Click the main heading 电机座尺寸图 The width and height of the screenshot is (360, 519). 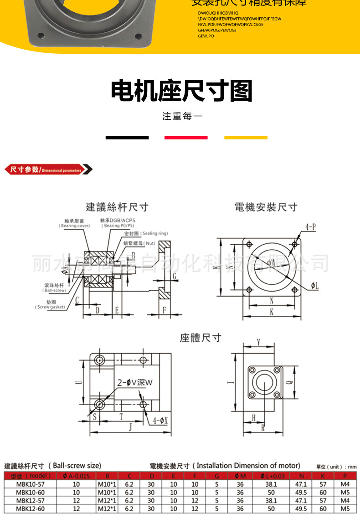pos(181,91)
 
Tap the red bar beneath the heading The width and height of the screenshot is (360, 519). pos(186,137)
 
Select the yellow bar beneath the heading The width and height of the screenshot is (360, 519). pos(246,137)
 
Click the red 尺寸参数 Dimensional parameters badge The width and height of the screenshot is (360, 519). pos(48,170)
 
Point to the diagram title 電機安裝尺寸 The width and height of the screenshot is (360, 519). pos(266,207)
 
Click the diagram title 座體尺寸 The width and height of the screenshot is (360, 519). pos(201,338)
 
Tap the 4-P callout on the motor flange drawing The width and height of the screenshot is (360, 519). pos(311,226)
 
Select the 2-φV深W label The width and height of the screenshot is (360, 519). pos(134,383)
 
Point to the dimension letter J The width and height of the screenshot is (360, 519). pos(130,427)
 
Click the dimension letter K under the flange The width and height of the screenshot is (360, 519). pos(272,312)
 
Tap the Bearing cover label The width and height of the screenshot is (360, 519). pos(74,223)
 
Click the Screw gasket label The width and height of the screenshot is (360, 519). pos(50,305)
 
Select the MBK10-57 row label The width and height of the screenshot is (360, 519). pos(30,484)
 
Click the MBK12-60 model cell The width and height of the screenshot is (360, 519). pos(30,509)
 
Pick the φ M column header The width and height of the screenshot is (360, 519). pos(240,476)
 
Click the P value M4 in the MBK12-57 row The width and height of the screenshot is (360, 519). pos(345,500)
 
